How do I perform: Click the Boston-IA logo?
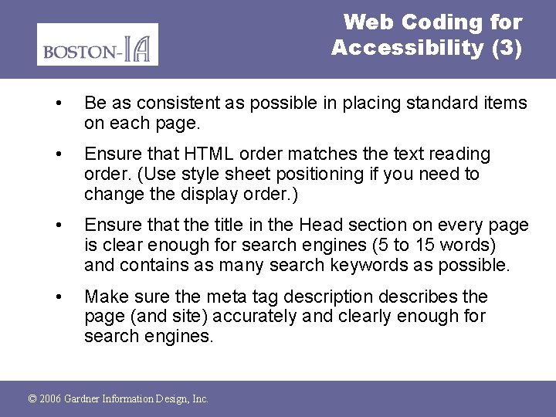point(97,45)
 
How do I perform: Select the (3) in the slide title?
point(506,48)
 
